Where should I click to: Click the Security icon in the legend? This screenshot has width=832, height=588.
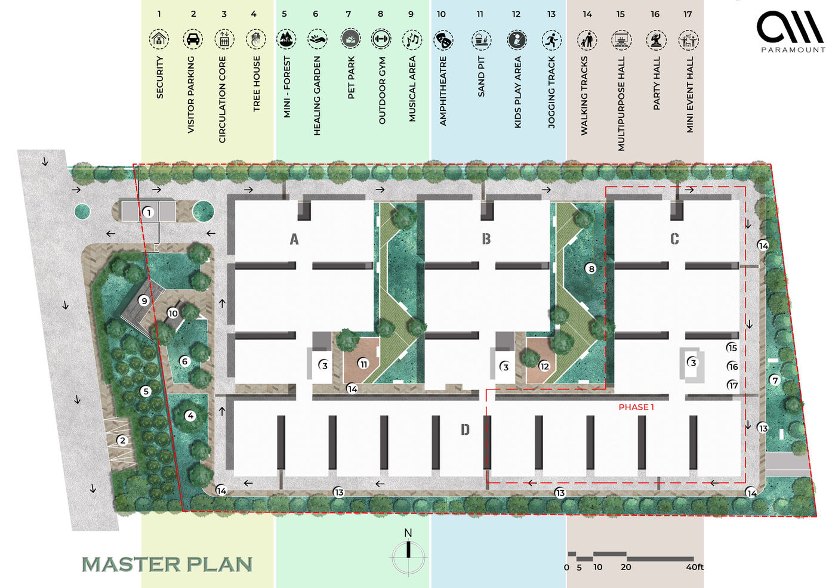[x=159, y=39]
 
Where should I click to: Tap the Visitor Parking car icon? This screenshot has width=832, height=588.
[x=193, y=39]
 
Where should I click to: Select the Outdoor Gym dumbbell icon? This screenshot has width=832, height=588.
[x=381, y=39]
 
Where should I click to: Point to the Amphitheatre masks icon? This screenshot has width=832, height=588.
[x=443, y=41]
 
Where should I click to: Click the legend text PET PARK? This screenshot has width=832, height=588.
[x=351, y=78]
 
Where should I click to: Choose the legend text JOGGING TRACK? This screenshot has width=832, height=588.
[x=551, y=92]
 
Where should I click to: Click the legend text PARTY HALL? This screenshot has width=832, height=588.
[x=657, y=83]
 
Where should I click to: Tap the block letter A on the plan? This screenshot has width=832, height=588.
[x=294, y=239]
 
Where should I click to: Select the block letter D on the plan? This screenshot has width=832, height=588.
[x=465, y=429]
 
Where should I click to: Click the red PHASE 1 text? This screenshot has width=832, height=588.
[x=636, y=407]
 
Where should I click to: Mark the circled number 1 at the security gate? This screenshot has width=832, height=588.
[x=149, y=212]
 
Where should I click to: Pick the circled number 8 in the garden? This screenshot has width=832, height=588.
[x=591, y=268]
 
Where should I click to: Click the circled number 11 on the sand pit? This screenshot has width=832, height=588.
[x=363, y=364]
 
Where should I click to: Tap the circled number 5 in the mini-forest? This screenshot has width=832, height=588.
[x=146, y=391]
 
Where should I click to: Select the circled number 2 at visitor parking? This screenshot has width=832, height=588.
[x=122, y=441]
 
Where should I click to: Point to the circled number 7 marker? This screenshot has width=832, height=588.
[x=775, y=380]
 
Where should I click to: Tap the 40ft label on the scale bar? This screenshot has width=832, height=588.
[x=695, y=567]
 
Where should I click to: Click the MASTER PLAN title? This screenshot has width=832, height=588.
[x=167, y=565]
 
